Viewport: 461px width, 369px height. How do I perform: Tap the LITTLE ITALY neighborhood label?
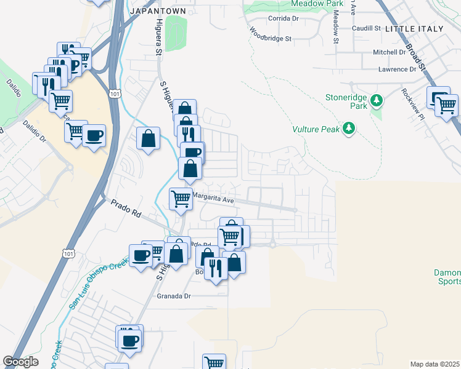click(414, 29)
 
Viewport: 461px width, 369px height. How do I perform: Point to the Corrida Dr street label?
click(283, 19)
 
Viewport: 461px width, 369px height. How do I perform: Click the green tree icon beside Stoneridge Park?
click(378, 100)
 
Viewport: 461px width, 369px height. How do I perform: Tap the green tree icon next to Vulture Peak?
click(350, 128)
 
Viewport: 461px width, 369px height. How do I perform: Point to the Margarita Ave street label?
click(213, 199)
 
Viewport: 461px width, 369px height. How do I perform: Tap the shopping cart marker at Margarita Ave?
click(180, 198)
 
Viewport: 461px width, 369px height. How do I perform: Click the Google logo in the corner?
click(20, 362)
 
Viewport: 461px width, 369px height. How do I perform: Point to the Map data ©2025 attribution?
click(434, 364)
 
